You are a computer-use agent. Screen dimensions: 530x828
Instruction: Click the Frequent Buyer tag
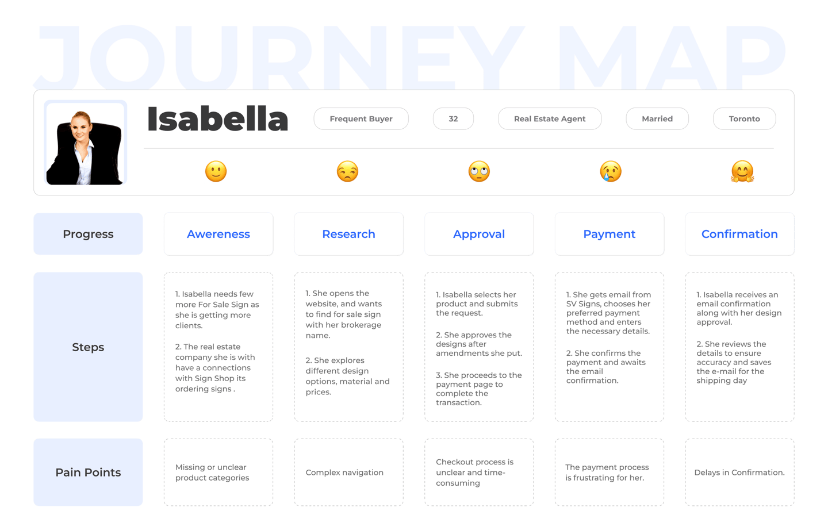(x=361, y=119)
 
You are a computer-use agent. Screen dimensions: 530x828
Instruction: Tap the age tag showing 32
(x=453, y=119)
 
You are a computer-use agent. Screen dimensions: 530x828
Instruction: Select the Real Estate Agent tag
(x=550, y=119)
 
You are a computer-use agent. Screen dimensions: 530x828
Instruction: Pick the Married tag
(x=657, y=119)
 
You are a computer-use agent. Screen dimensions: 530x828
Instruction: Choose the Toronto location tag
(x=744, y=119)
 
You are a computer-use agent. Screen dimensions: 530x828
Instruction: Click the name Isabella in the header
(x=217, y=119)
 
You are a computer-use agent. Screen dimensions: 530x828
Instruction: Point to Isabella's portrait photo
(x=85, y=144)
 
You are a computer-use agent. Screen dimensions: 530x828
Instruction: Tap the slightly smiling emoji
(x=216, y=171)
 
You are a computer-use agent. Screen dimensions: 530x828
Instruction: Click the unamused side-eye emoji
(x=347, y=171)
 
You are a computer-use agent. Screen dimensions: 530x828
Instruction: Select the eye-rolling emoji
(x=479, y=171)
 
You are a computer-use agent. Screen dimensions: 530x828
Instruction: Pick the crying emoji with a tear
(x=611, y=171)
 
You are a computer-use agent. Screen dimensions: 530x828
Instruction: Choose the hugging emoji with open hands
(x=742, y=171)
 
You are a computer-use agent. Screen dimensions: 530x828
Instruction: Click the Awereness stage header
(x=218, y=234)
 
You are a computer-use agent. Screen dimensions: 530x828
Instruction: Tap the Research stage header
(x=348, y=234)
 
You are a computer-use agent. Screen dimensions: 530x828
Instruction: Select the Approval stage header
(x=479, y=234)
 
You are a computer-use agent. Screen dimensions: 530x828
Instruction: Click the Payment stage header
(x=609, y=234)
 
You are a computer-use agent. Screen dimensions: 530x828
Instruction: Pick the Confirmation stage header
(x=739, y=234)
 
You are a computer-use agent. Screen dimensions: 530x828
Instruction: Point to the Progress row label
(x=88, y=234)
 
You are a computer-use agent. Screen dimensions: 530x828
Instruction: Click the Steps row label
(x=88, y=347)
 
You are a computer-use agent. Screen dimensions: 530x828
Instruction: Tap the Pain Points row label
(x=88, y=473)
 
